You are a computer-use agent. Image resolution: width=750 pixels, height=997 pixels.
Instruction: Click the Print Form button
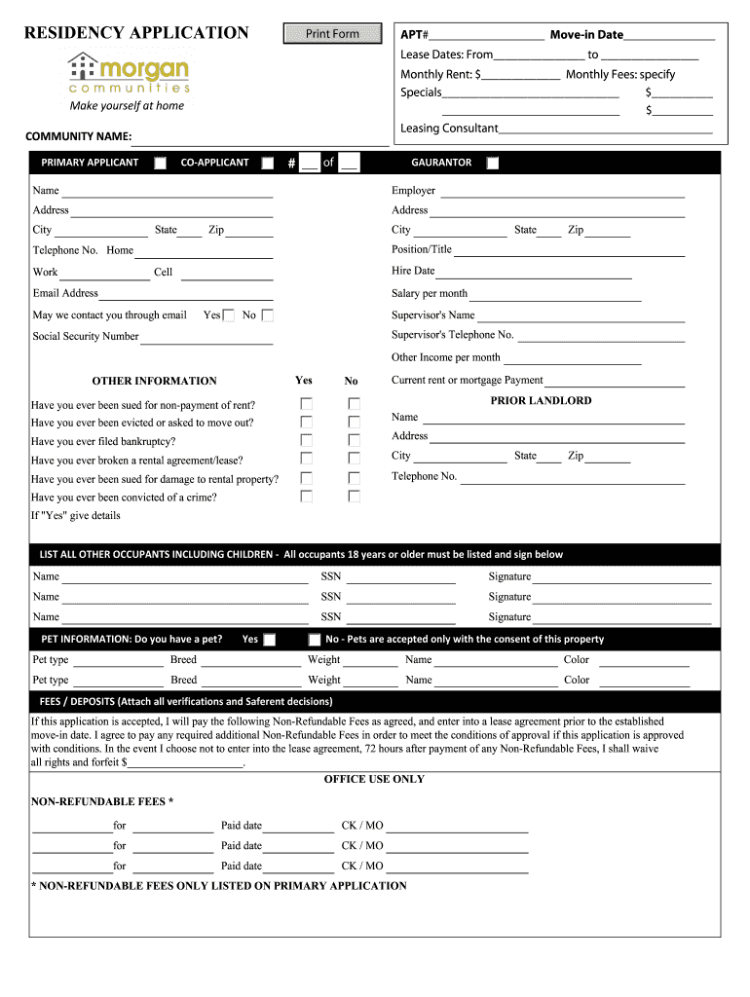[332, 34]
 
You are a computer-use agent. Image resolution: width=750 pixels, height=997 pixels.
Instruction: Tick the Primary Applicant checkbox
[160, 163]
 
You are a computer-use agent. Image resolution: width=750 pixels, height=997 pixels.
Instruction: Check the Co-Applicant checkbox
[267, 163]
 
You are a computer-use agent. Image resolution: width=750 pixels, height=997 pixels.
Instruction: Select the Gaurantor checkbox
[493, 163]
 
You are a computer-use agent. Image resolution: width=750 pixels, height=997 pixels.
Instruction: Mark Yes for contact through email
[229, 315]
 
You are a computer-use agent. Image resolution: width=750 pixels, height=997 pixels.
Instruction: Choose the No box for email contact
[268, 315]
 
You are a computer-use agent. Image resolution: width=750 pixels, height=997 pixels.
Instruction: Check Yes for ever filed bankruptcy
[307, 441]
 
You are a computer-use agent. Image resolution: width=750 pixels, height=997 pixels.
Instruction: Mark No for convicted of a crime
[355, 497]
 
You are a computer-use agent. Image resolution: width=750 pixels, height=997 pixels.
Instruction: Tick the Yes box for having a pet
[270, 640]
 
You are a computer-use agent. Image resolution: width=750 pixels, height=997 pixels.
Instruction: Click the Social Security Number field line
[206, 338]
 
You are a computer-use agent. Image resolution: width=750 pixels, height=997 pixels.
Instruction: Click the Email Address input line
[186, 294]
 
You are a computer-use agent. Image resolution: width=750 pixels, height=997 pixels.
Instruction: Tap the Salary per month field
[555, 294]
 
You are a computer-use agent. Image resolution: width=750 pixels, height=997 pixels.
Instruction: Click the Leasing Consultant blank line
[606, 129]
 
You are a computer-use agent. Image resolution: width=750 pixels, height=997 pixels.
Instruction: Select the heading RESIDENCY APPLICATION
[136, 33]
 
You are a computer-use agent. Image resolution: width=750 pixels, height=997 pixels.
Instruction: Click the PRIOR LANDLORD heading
[541, 401]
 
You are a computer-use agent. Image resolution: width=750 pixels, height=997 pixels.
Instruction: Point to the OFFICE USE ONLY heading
[374, 780]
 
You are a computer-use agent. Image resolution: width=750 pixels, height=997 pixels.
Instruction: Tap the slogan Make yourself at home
[127, 106]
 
